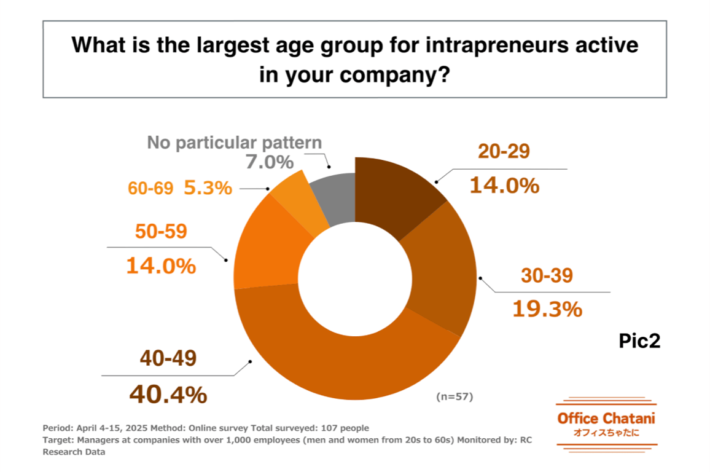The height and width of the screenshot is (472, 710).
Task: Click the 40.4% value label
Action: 168,395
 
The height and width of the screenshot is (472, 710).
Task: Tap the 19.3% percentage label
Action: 547,309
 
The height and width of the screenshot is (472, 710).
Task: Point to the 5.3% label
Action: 208,187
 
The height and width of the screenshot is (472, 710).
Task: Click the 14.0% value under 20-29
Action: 504,184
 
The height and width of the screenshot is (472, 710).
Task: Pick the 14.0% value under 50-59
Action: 161,265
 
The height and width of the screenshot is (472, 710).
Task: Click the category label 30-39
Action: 547,276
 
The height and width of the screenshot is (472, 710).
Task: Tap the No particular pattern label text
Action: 234,143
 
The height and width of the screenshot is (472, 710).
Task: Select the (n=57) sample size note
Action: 454,397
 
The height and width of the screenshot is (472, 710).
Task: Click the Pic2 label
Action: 639,341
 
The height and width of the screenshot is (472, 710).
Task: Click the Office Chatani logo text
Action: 606,419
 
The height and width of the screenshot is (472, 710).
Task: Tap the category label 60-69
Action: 150,188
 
